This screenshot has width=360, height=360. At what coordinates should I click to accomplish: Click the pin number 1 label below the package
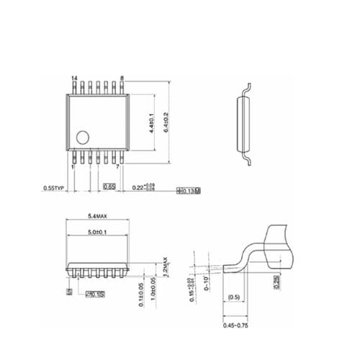(x=73, y=166)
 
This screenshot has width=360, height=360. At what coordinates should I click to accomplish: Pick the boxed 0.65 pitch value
(x=109, y=186)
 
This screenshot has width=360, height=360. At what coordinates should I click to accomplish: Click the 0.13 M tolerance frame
(x=188, y=191)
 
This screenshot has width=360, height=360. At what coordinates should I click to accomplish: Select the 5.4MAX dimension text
(x=98, y=216)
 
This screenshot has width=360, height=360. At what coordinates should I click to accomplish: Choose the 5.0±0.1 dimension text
(x=98, y=232)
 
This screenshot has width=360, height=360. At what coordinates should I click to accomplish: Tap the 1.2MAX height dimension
(x=165, y=266)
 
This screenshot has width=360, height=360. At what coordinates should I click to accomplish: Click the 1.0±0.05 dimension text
(x=153, y=293)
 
